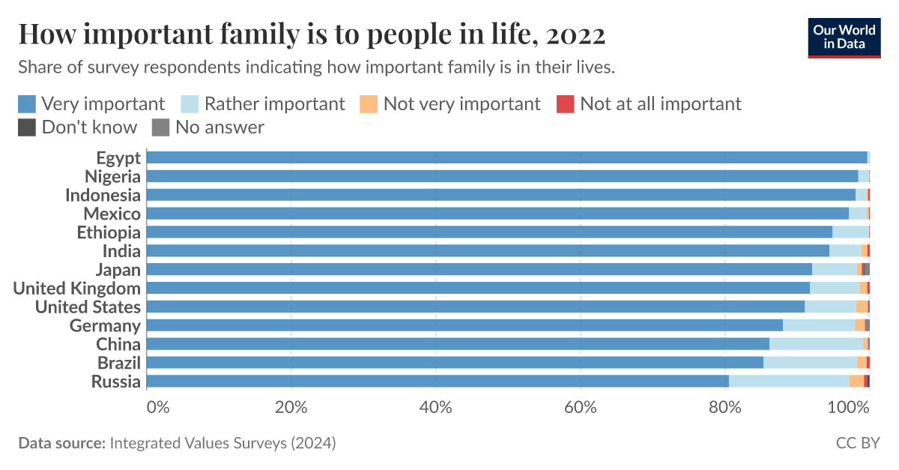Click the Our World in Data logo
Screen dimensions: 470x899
point(844,36)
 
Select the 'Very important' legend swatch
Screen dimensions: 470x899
point(27,103)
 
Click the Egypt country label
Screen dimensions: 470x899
point(118,157)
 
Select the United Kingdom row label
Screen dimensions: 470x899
point(77,289)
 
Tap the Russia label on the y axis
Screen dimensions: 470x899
point(116,382)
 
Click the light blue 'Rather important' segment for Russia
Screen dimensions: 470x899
point(789,382)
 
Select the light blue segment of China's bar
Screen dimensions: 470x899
point(816,344)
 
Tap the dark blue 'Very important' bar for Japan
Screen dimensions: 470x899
point(479,270)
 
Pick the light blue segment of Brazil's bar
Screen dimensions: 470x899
point(810,363)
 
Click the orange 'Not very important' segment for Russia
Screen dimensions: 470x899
point(856,382)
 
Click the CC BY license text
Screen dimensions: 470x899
point(858,443)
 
